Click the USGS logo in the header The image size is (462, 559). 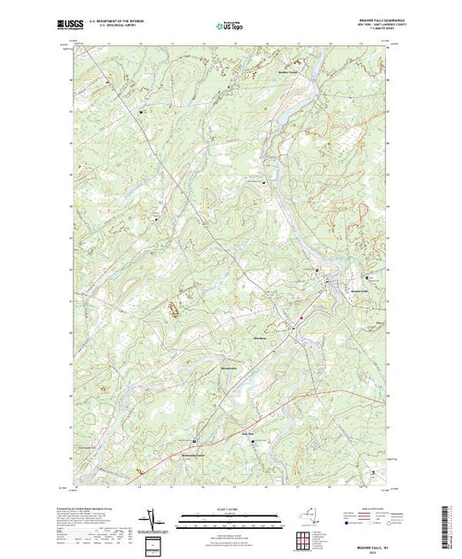[x=90, y=20]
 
